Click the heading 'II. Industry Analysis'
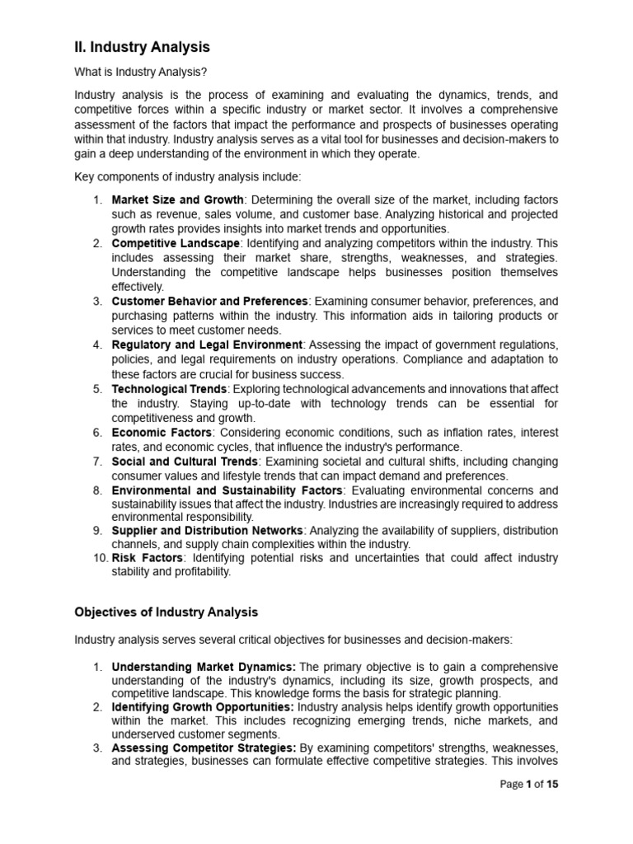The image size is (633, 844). [x=142, y=47]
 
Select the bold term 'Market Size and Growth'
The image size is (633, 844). [x=177, y=199]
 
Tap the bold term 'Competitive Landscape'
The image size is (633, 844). [x=176, y=243]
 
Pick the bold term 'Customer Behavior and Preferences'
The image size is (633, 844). [x=209, y=302]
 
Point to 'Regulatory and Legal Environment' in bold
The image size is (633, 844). [x=207, y=345]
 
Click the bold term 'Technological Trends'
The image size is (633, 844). [x=169, y=388]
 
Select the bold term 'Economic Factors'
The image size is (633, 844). [x=162, y=432]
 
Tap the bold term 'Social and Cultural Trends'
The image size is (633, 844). [x=185, y=461]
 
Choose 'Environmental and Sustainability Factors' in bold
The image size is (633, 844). [x=227, y=490]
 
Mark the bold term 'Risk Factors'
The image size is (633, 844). [x=146, y=558]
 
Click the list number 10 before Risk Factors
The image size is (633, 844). [x=98, y=558]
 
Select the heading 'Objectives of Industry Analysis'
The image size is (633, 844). [x=166, y=612]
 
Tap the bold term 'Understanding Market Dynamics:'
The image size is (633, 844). [x=204, y=666]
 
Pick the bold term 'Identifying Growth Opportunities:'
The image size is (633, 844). [x=202, y=707]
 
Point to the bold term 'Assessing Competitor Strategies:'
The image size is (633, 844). [x=204, y=748]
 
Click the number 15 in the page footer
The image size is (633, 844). [x=551, y=808]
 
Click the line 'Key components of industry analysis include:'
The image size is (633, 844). [x=188, y=176]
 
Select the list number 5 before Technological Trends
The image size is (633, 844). [x=96, y=388]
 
